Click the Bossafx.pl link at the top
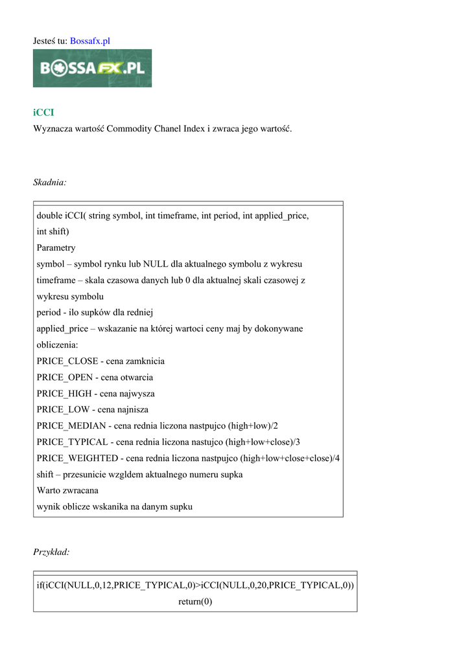(x=90, y=41)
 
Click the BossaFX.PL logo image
(x=92, y=68)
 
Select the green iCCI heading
(x=44, y=113)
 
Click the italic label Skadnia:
(x=50, y=183)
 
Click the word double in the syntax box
(x=49, y=216)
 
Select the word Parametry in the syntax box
(x=56, y=248)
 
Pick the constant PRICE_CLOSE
(x=67, y=361)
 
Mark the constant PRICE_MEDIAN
(x=72, y=426)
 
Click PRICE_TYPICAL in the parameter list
(x=72, y=442)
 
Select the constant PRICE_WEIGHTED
(x=77, y=458)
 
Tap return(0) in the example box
(x=195, y=601)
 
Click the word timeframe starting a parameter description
(x=57, y=280)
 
